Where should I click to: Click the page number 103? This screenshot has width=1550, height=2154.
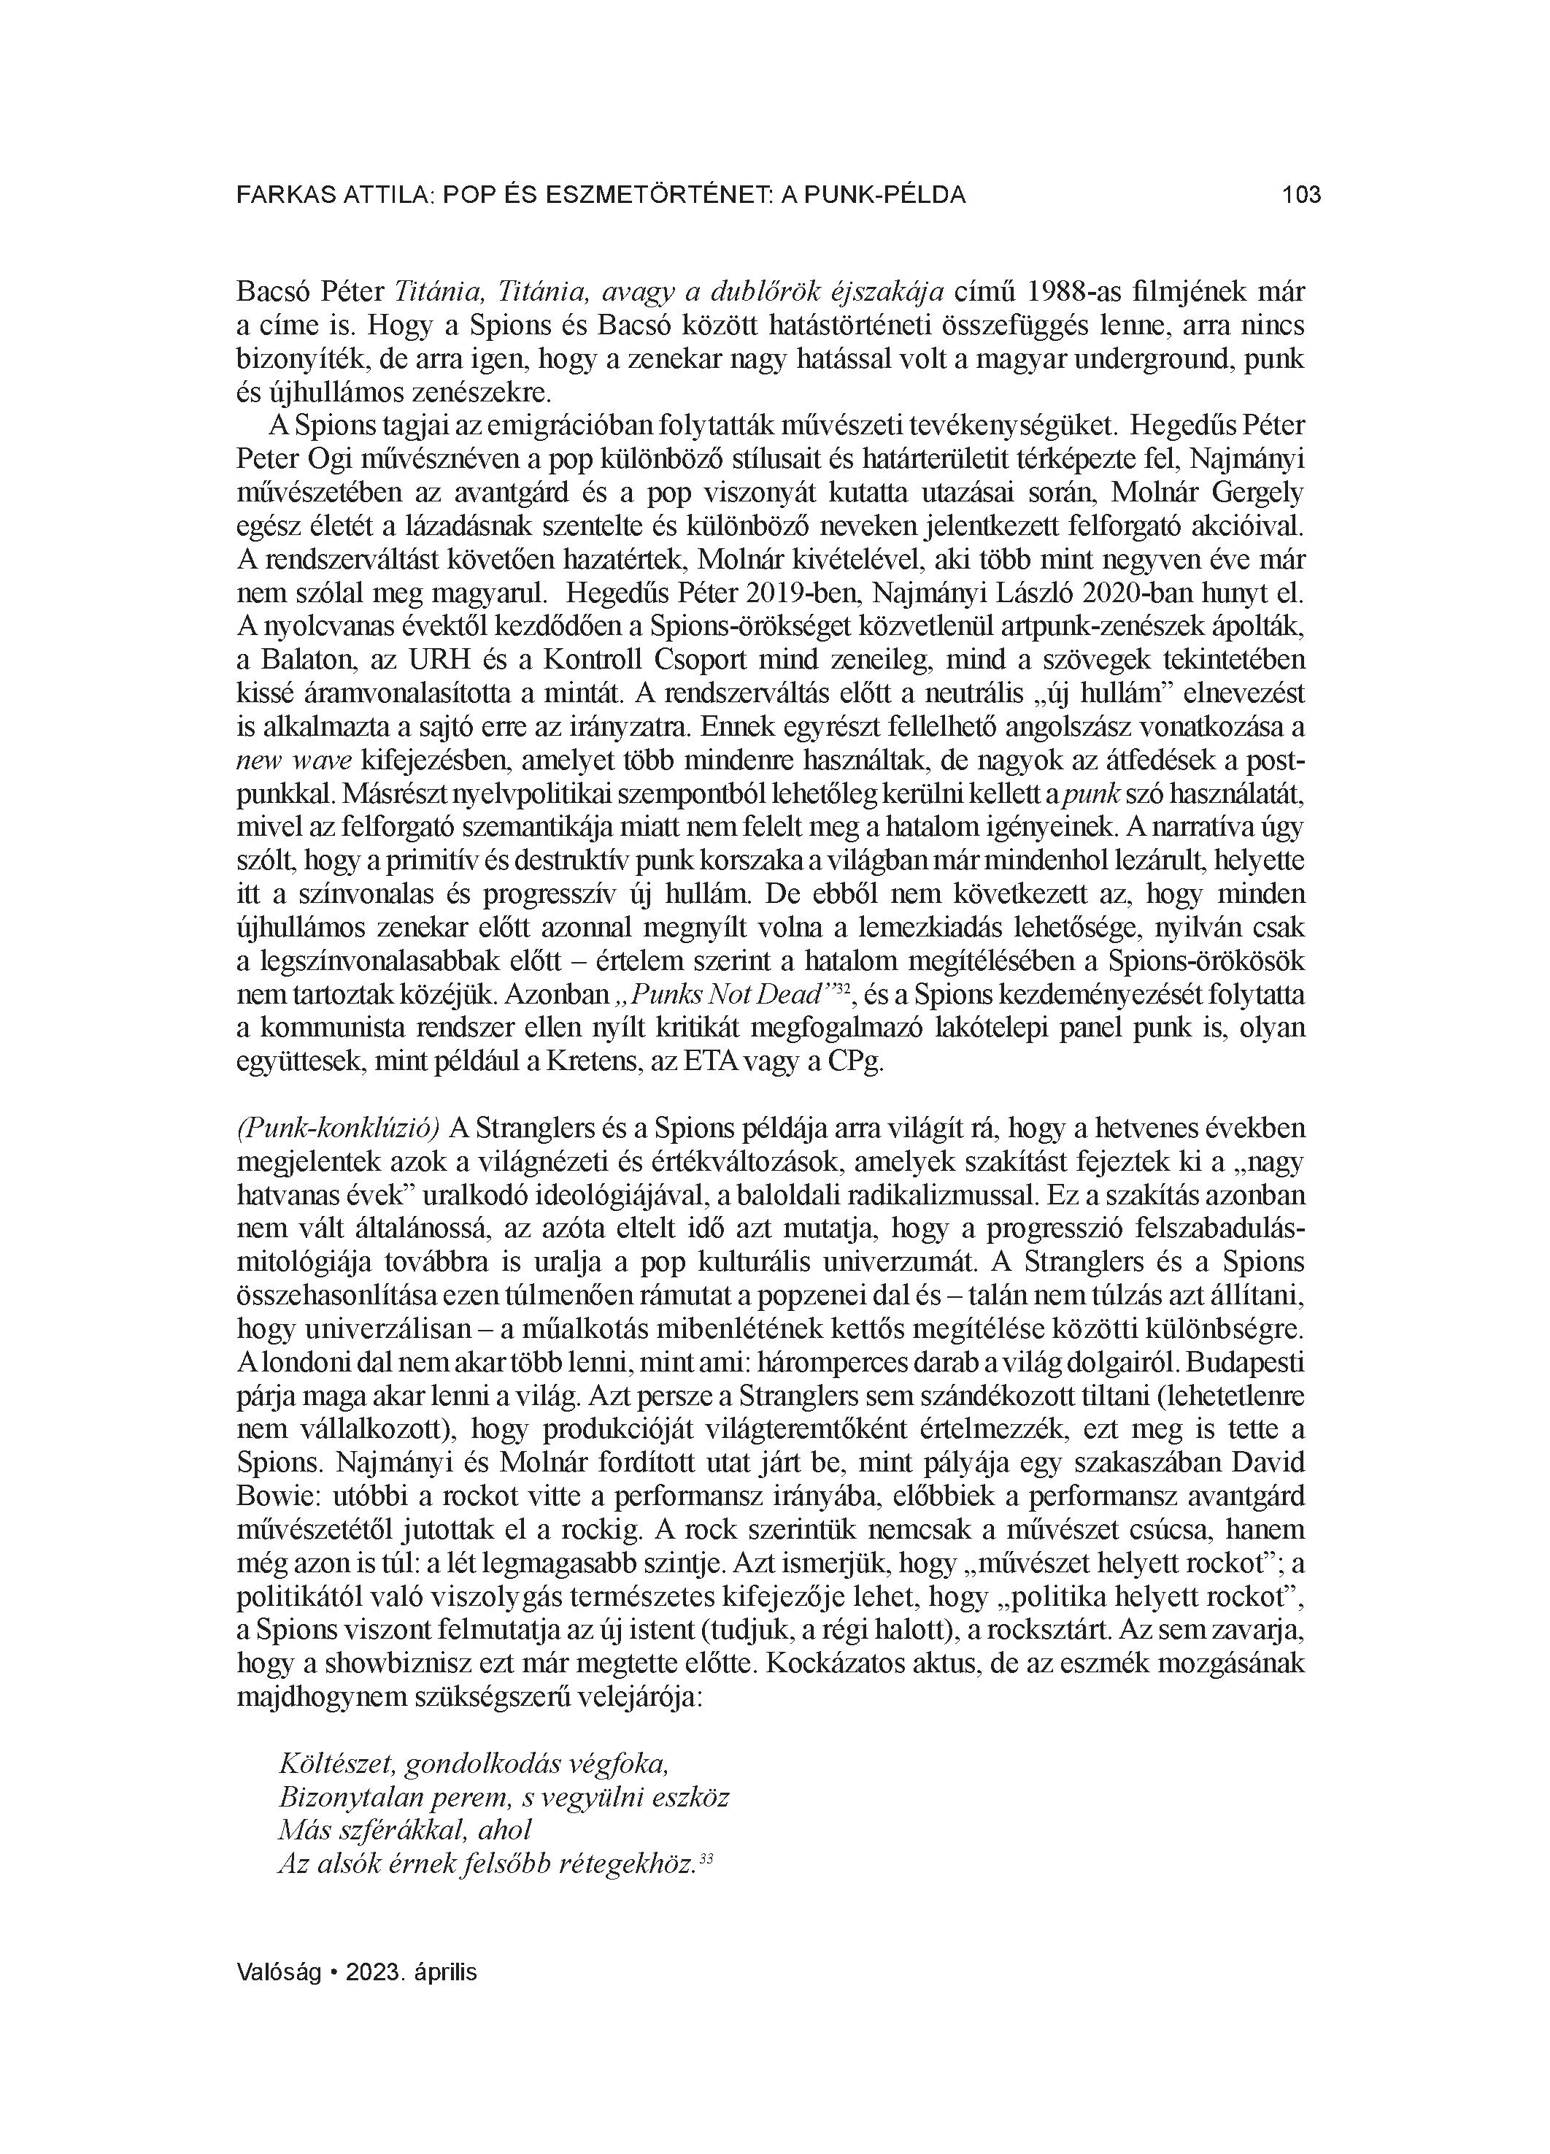point(1300,195)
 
